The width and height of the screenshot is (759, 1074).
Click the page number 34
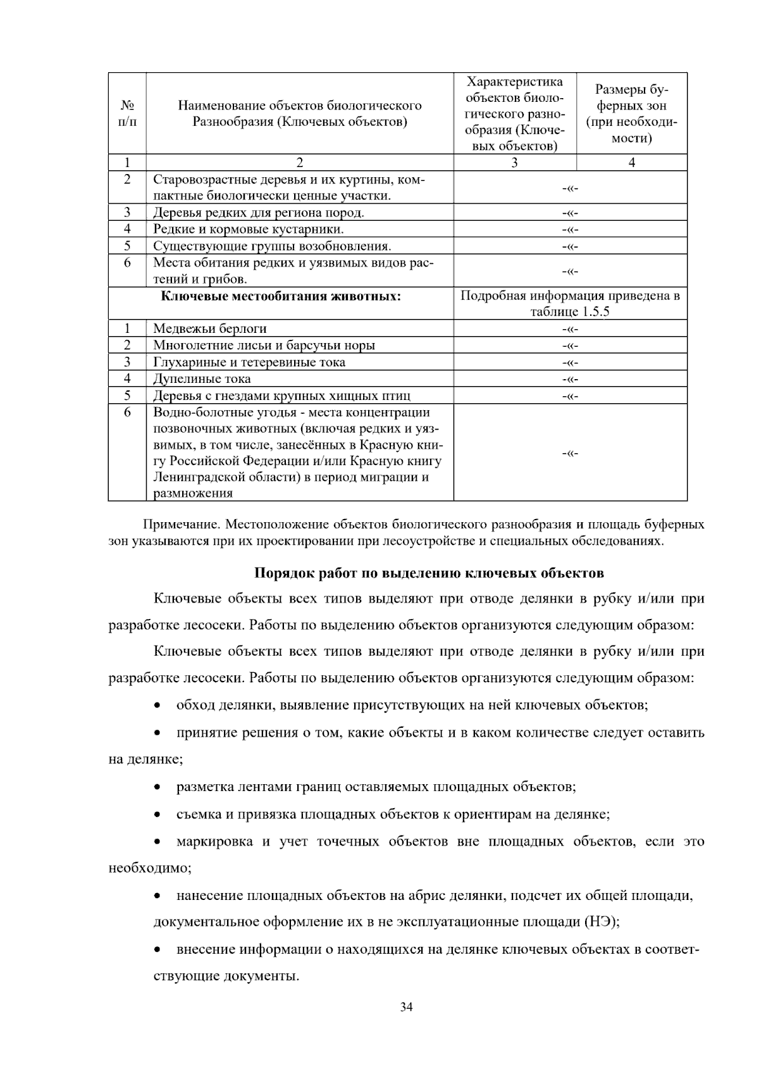(407, 1007)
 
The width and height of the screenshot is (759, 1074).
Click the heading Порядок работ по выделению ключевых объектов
(429, 573)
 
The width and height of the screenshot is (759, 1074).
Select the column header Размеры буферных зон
(631, 113)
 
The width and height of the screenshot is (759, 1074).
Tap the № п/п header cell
(127, 113)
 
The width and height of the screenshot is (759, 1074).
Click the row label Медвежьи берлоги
(210, 328)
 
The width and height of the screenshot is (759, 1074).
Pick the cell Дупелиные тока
(202, 378)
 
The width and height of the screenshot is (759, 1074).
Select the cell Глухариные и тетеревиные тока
(249, 362)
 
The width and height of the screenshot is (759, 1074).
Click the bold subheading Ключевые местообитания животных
(281, 296)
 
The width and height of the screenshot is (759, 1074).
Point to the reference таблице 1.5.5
(570, 312)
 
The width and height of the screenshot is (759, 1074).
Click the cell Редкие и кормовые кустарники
(249, 229)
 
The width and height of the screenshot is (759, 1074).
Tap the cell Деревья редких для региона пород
(259, 213)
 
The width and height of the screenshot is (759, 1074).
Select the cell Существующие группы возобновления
(272, 246)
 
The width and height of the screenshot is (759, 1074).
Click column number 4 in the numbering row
(631, 163)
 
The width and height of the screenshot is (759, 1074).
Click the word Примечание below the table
(180, 525)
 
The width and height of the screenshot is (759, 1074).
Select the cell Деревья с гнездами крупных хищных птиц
(281, 396)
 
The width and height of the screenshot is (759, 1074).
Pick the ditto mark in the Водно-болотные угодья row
(570, 453)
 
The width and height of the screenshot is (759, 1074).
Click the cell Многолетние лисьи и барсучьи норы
(264, 345)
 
